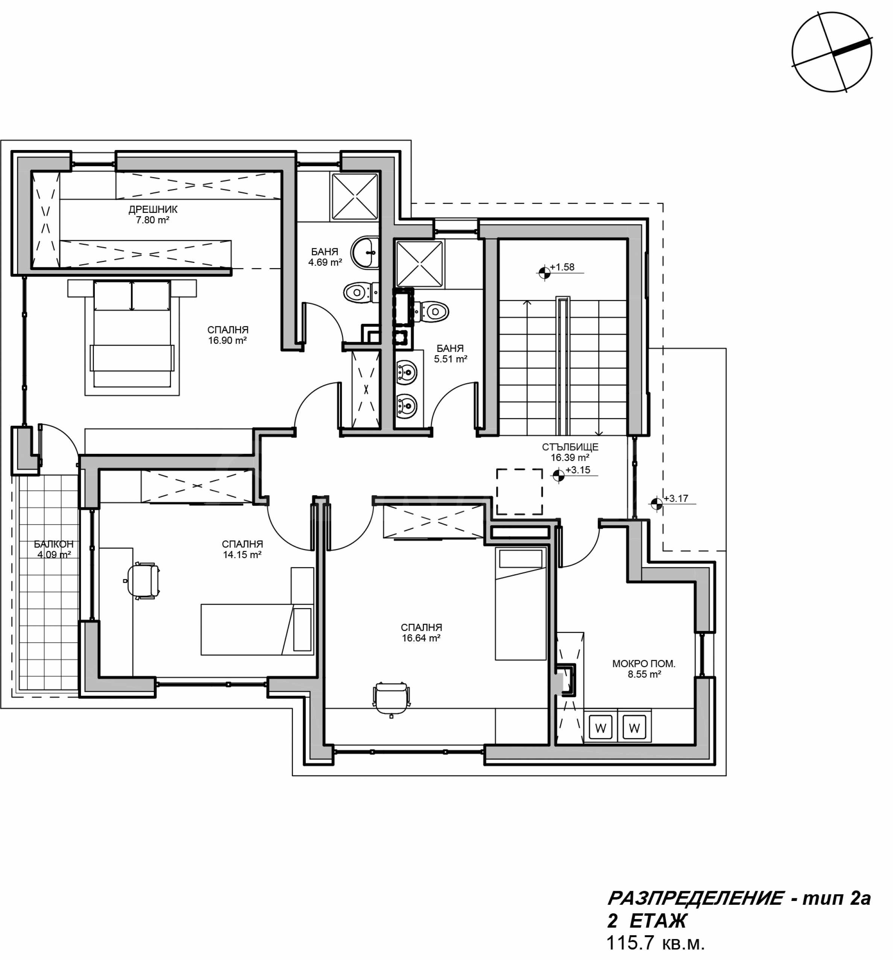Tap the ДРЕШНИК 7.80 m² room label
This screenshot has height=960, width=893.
(x=153, y=214)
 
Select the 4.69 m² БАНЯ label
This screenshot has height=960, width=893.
(x=325, y=257)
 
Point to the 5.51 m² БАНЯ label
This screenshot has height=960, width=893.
(x=450, y=353)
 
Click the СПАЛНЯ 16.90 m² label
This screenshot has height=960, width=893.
(x=228, y=335)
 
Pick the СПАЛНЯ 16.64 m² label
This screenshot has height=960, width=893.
(x=421, y=632)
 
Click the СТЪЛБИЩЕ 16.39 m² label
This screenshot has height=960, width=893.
(x=570, y=452)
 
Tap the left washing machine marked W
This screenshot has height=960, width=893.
(x=601, y=728)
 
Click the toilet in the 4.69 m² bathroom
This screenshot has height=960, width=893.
(x=361, y=293)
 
